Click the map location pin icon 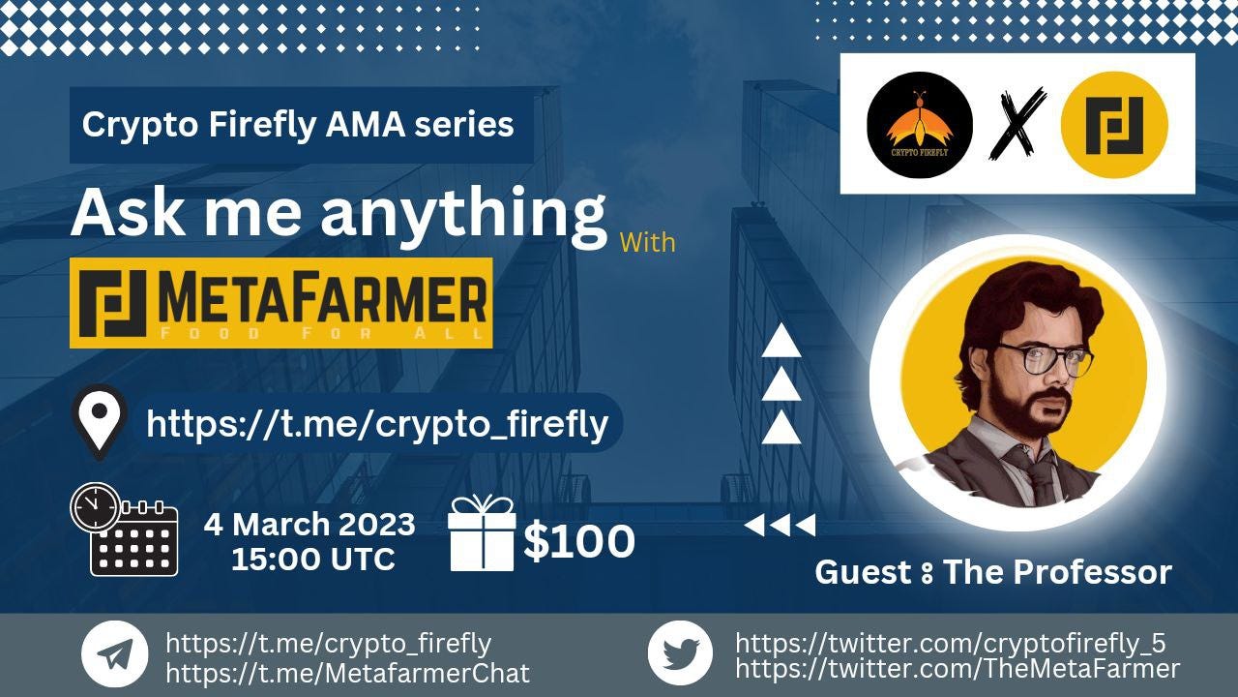[102, 420]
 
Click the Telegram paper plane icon [115, 653]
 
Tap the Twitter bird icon [680, 653]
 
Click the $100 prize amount [578, 542]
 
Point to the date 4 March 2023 [309, 525]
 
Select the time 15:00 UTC [312, 559]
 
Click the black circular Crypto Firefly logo [919, 124]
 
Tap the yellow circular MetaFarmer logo [1114, 125]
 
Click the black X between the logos [1017, 124]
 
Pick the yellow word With [647, 241]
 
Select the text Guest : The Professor [993, 572]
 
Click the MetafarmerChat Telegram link [348, 673]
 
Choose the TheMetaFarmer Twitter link [958, 668]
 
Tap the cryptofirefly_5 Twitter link [950, 643]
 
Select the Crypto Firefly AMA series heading [298, 125]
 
